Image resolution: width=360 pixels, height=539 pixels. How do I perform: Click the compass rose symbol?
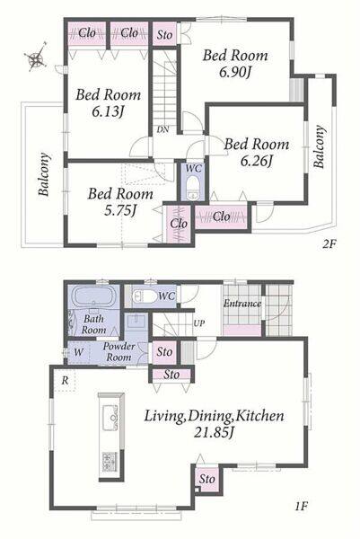[x=36, y=57]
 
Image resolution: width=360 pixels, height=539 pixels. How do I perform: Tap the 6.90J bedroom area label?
[x=235, y=72]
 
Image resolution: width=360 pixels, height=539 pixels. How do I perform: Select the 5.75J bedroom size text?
[x=120, y=210]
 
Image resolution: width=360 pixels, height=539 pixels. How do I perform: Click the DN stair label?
[x=162, y=129]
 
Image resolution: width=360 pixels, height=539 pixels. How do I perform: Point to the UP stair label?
[x=199, y=323]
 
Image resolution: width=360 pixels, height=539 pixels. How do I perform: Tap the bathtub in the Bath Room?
[x=93, y=296]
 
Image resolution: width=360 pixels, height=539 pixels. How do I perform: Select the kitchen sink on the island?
[x=110, y=418]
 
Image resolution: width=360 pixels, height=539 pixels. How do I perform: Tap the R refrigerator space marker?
[x=65, y=380]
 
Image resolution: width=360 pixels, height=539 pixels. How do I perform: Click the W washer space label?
[x=78, y=352]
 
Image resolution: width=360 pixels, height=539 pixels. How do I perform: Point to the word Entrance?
[x=242, y=304]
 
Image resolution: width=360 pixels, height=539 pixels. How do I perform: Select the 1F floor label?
[x=301, y=506]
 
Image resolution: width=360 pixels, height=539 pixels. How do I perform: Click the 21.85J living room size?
[x=214, y=432]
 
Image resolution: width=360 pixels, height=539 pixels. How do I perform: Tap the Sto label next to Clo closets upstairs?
[x=164, y=35]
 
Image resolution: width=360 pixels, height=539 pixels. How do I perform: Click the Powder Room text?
[x=119, y=351]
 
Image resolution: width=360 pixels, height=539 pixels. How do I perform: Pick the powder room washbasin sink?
[x=136, y=322]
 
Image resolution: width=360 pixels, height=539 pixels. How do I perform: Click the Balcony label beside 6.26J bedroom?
[x=319, y=146]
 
